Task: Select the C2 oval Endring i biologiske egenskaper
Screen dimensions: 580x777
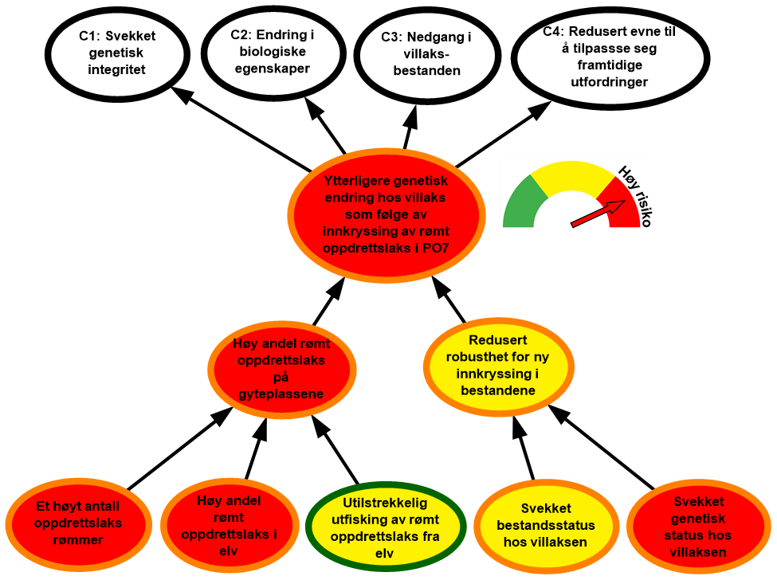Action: [x=269, y=52]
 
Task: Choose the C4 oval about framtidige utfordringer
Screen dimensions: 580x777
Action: [x=610, y=57]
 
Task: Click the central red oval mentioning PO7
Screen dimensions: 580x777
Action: [x=386, y=214]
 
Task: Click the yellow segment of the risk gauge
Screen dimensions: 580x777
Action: [x=571, y=177]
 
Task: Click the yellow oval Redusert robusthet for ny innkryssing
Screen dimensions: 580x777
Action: [x=498, y=365]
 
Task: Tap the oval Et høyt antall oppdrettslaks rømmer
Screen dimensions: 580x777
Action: [x=78, y=523]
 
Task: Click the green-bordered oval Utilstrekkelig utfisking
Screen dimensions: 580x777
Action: [x=385, y=524]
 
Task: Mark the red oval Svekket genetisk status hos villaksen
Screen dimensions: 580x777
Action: [x=699, y=527]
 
